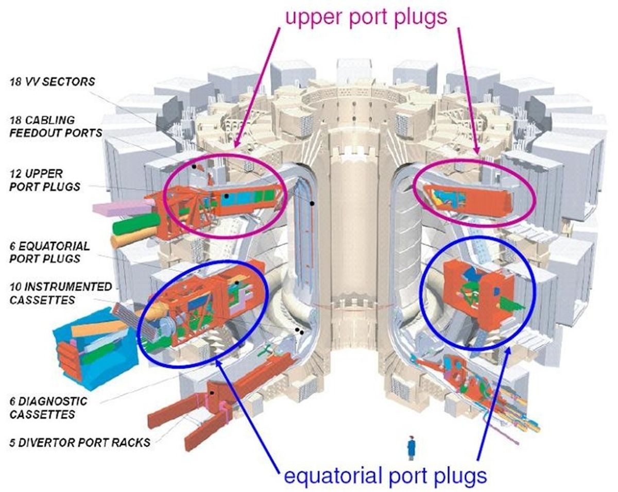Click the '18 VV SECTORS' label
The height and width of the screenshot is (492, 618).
click(52, 82)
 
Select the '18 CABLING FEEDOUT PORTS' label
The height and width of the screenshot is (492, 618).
click(56, 127)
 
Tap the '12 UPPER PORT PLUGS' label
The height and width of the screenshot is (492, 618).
click(44, 180)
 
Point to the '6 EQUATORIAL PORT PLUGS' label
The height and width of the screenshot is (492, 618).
click(49, 252)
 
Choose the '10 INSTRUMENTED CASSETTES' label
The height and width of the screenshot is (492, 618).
click(61, 293)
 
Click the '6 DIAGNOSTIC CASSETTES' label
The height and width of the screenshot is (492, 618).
click(48, 408)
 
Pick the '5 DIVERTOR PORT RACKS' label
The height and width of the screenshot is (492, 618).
click(80, 443)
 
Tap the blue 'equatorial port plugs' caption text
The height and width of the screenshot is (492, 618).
click(385, 475)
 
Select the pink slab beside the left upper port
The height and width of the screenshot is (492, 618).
click(122, 208)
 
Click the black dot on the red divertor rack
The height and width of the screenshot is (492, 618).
click(212, 393)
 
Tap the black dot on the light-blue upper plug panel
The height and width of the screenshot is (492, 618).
click(227, 196)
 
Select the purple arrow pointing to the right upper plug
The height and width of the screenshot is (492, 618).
click(468, 91)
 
